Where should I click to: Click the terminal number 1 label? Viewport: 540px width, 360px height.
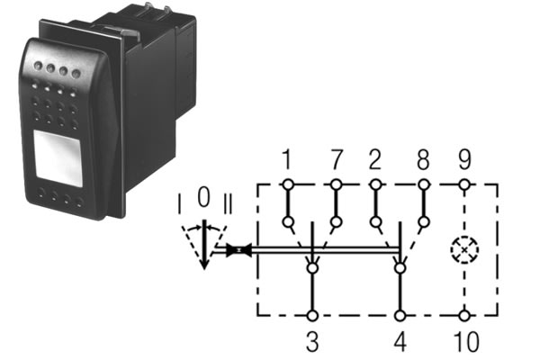coord(287,159)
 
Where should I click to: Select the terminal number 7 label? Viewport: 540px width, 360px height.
coord(337,159)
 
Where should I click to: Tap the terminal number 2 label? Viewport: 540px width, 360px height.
coord(375,159)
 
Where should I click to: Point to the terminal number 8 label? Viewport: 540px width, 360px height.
coord(423,159)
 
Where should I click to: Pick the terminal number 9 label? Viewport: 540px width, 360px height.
coord(464,159)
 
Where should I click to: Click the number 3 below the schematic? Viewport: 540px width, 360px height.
coord(312,341)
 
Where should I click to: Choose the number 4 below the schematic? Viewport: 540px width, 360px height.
coord(400,341)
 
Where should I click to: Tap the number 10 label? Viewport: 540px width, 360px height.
coord(466,341)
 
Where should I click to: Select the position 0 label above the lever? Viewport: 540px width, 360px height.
coord(204,197)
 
